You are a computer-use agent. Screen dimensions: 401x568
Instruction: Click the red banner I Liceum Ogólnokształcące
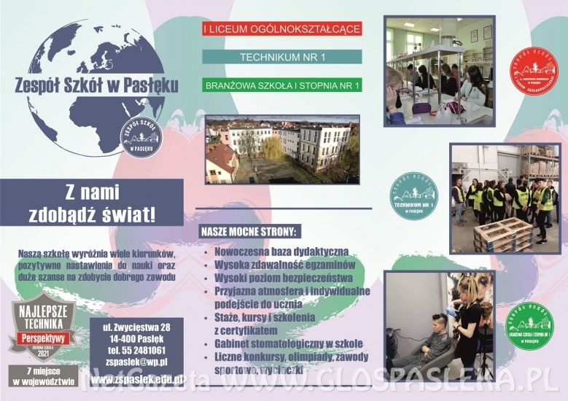(281, 29)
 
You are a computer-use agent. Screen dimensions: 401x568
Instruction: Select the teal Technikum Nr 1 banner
(281, 56)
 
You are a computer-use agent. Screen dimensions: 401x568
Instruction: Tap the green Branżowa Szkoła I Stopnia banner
(281, 85)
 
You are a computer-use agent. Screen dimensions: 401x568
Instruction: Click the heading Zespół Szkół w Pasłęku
(97, 84)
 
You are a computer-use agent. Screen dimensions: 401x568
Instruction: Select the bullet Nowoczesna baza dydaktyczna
(281, 251)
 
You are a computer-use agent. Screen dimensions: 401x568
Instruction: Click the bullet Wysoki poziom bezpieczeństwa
(284, 279)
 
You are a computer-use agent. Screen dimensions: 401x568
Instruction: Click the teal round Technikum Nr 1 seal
(413, 196)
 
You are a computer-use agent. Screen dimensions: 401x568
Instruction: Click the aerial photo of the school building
(282, 149)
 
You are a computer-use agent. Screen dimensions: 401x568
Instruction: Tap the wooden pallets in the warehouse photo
(502, 235)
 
